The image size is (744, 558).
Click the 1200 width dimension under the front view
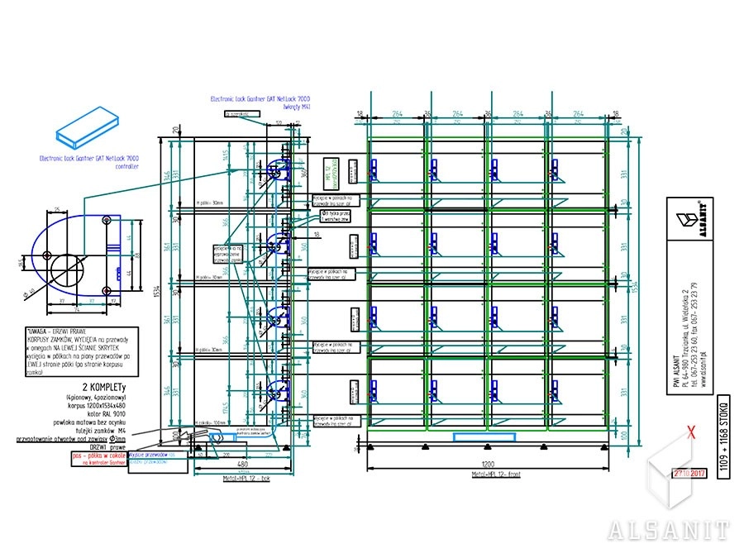click(x=491, y=464)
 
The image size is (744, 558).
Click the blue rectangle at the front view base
click(x=473, y=436)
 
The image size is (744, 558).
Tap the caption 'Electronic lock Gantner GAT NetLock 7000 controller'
click(x=89, y=161)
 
